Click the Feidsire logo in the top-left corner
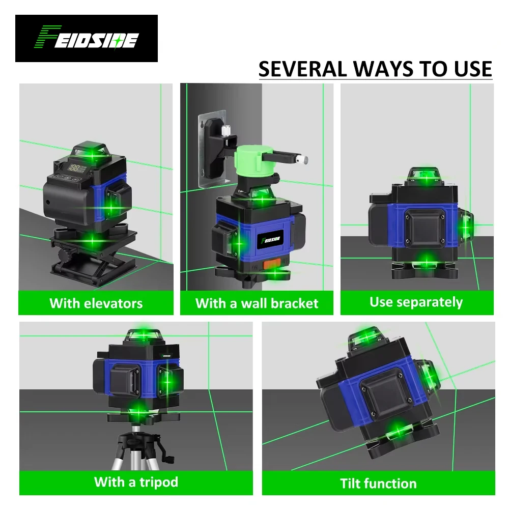[86, 39]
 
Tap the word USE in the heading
[468, 69]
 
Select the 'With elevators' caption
[96, 303]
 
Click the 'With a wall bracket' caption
[257, 303]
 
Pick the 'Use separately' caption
[416, 302]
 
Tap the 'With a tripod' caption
[136, 482]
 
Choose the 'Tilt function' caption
[378, 483]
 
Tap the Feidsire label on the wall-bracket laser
[270, 239]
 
